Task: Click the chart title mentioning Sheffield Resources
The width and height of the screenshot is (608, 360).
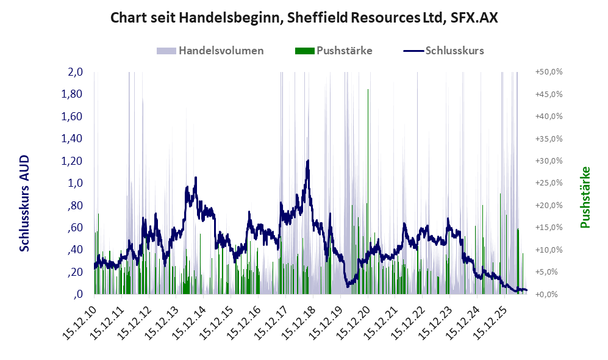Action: pos(304,18)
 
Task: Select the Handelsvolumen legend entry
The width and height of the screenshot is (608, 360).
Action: pos(210,51)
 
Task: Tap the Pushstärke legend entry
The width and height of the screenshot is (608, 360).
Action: pos(334,51)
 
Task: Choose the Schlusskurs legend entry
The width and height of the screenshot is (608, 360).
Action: pos(443,51)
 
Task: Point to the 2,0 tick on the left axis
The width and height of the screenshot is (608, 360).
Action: pos(75,72)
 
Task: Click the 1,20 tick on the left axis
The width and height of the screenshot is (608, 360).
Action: pos(72,160)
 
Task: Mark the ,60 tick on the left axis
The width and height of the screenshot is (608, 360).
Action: pos(75,228)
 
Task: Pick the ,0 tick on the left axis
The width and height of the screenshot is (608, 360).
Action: pos(78,294)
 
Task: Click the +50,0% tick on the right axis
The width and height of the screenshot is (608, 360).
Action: pos(549,72)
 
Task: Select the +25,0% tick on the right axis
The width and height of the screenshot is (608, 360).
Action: pos(549,182)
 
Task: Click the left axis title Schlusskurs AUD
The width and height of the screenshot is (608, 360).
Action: pos(24,203)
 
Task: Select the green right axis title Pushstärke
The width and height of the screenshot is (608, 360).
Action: pos(585,197)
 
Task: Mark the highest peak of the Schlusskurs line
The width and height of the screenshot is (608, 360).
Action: pos(308,160)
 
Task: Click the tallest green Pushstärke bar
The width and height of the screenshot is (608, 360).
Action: pos(368,192)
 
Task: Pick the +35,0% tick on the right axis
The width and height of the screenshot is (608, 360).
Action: pos(549,139)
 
